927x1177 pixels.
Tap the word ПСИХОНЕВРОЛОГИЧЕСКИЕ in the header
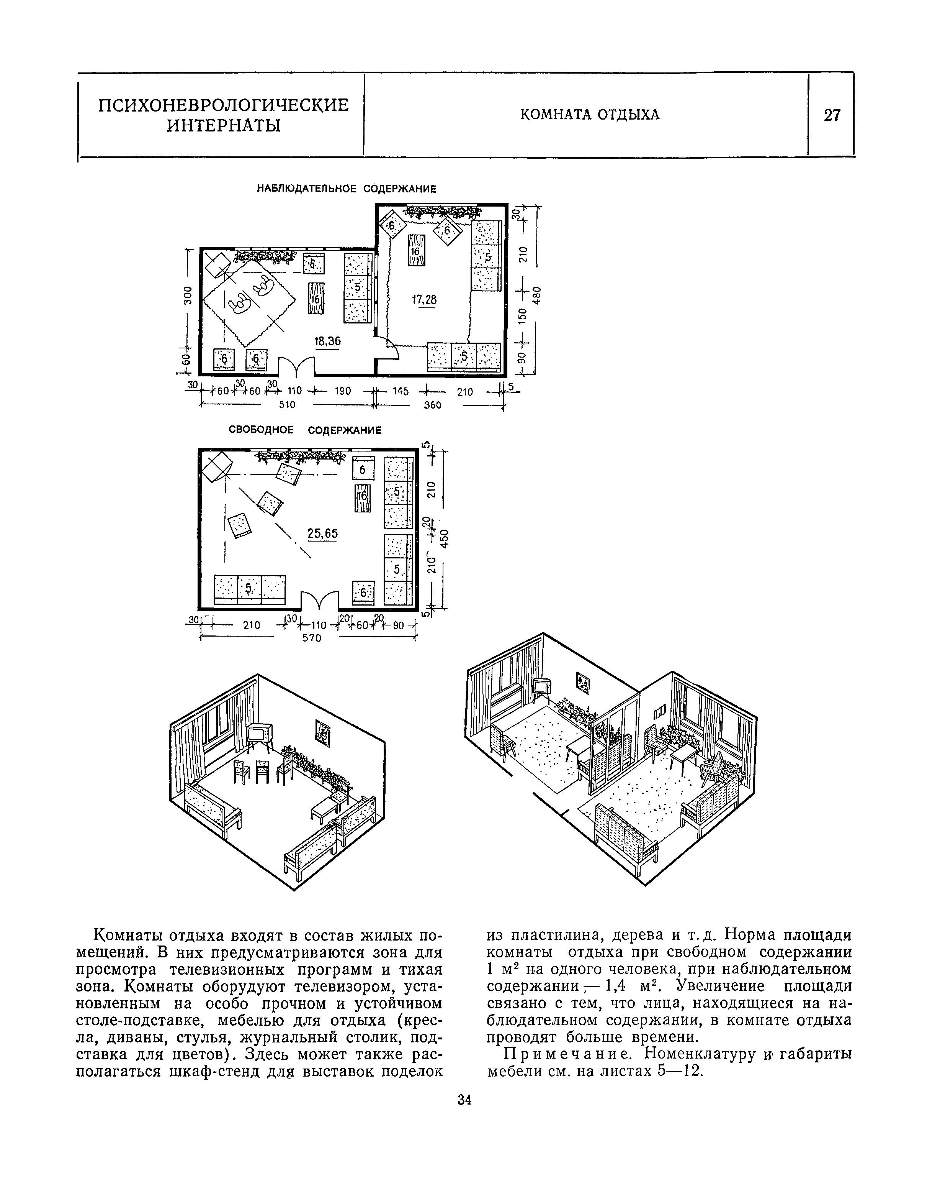click(223, 104)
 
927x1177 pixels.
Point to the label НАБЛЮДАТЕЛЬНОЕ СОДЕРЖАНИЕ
click(346, 189)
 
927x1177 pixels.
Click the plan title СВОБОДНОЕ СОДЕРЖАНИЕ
click(305, 430)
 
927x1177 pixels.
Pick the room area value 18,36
click(327, 341)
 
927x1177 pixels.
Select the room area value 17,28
click(424, 300)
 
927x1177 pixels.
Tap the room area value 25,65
click(322, 534)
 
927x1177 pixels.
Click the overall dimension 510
click(287, 405)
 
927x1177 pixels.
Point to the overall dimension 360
click(433, 405)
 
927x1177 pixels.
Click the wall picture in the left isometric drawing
click(322, 734)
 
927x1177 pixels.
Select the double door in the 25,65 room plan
click(320, 601)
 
